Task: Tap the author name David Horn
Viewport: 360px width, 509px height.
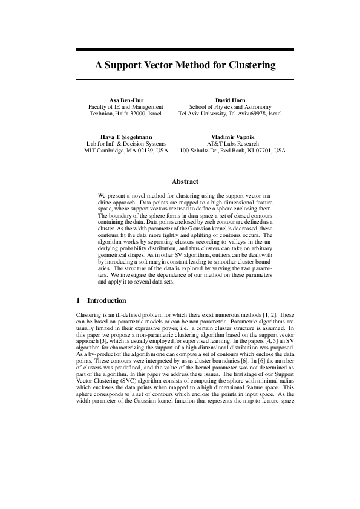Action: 230,99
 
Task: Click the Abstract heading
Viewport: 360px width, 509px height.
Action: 185,181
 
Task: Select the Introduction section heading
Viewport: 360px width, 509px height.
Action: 106,300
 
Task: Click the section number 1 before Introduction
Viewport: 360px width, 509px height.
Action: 79,300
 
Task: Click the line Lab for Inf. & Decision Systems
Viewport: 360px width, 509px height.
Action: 126,144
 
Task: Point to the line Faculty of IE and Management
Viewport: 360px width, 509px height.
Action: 126,106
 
